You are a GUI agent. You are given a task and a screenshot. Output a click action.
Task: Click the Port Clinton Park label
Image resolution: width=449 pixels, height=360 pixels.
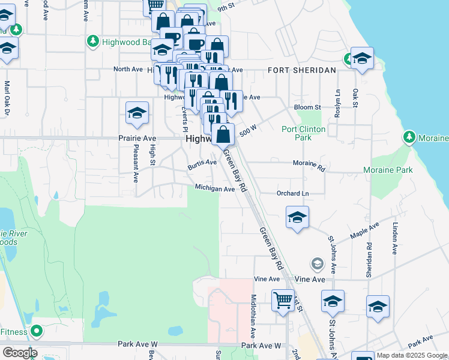click(304, 133)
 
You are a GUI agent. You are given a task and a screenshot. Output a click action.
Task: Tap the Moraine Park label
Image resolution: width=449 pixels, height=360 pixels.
click(388, 170)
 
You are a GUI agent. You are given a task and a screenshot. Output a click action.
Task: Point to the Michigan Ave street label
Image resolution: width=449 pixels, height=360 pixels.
click(214, 189)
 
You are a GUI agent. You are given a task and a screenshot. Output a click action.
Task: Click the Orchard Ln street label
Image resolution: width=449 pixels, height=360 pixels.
click(292, 194)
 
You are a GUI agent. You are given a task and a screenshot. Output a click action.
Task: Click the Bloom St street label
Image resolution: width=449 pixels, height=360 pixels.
click(307, 107)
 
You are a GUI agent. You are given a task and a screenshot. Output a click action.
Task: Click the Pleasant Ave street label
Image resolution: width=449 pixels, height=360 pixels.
click(136, 163)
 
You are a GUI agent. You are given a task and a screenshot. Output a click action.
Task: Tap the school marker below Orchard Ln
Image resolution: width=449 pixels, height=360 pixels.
click(297, 218)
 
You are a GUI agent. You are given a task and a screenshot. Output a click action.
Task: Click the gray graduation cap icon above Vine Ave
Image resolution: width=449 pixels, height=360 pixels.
click(316, 263)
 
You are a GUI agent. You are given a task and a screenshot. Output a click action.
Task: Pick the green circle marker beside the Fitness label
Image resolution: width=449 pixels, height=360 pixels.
click(37, 331)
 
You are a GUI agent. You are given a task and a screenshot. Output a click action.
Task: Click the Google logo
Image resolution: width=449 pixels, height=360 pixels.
click(20, 353)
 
